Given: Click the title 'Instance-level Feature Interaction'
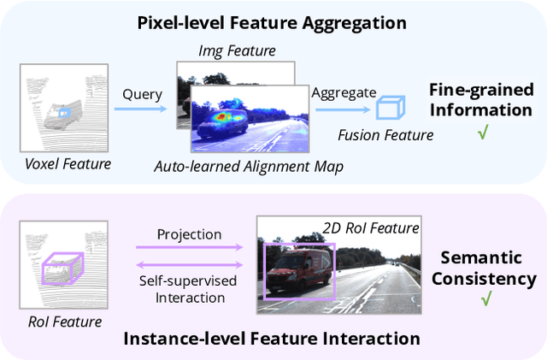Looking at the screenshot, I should point(272,339).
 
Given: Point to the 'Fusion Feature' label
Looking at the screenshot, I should point(385,134).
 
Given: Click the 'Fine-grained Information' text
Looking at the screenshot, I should point(480,101).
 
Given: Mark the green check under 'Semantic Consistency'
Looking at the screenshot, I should point(486,298).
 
